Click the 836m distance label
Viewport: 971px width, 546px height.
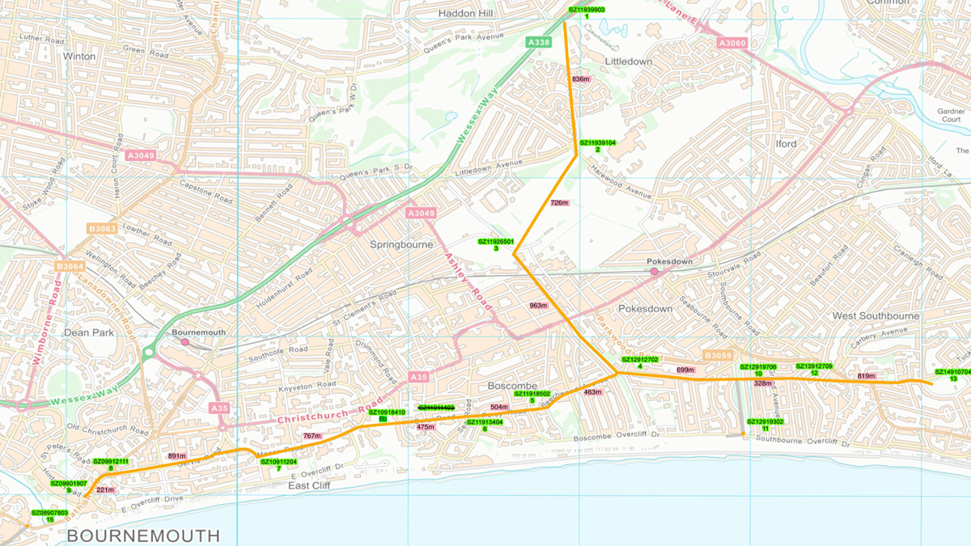click(x=580, y=79)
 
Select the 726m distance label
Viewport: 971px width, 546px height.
click(x=559, y=203)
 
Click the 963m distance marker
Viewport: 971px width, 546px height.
click(x=539, y=306)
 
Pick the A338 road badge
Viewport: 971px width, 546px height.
click(x=538, y=41)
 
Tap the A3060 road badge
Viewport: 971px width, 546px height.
click(x=733, y=43)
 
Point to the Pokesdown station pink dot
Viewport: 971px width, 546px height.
click(x=654, y=272)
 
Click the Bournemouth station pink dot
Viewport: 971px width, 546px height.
click(x=184, y=342)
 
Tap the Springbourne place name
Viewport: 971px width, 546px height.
click(x=402, y=244)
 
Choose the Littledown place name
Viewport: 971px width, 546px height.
click(x=628, y=61)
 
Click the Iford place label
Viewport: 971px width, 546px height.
click(x=786, y=144)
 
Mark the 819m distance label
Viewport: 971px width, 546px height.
click(x=867, y=376)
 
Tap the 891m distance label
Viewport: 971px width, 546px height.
click(x=176, y=456)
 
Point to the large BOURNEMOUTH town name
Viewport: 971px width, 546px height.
click(x=143, y=535)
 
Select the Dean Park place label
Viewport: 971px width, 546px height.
click(x=87, y=331)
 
